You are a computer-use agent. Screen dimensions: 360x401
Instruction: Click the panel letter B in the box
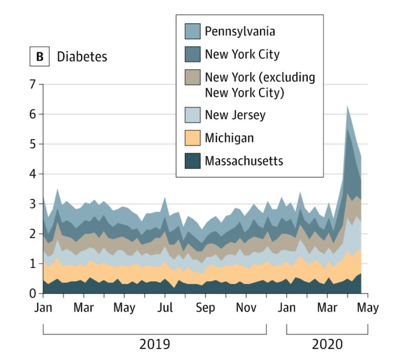tap(39, 56)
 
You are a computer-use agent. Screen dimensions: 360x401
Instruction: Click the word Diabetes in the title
tap(82, 56)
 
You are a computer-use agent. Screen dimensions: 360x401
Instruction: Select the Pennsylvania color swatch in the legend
tap(192, 31)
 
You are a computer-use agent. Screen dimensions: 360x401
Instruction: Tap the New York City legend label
tap(242, 54)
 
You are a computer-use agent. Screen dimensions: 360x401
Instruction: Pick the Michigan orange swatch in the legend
tap(192, 138)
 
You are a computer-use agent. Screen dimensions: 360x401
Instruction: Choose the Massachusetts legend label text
tap(244, 161)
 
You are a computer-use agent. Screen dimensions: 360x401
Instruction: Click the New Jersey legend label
tap(235, 115)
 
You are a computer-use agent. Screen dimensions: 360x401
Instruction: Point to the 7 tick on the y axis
tap(34, 85)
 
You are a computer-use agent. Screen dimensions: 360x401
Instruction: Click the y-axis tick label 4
tap(34, 174)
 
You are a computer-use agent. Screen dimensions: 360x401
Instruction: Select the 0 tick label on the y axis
tap(34, 294)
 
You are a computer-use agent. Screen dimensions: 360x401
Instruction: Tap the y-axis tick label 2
tap(34, 234)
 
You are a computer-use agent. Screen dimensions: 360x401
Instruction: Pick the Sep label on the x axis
tap(206, 308)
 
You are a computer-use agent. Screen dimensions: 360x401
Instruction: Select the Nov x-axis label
tap(246, 308)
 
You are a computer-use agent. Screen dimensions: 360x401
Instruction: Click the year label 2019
tap(155, 345)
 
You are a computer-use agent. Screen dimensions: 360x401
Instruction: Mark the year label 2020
tap(327, 345)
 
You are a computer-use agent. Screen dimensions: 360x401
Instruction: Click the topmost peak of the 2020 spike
tap(347, 106)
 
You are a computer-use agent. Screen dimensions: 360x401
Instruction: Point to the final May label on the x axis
tap(367, 308)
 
